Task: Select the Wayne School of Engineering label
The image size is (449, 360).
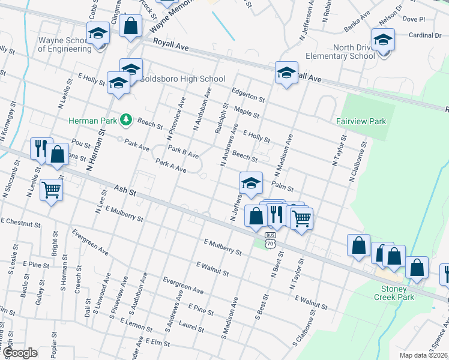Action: (64, 45)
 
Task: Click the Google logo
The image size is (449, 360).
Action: (19, 353)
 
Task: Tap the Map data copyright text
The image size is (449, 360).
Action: (423, 355)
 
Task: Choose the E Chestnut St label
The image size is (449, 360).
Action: (20, 223)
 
